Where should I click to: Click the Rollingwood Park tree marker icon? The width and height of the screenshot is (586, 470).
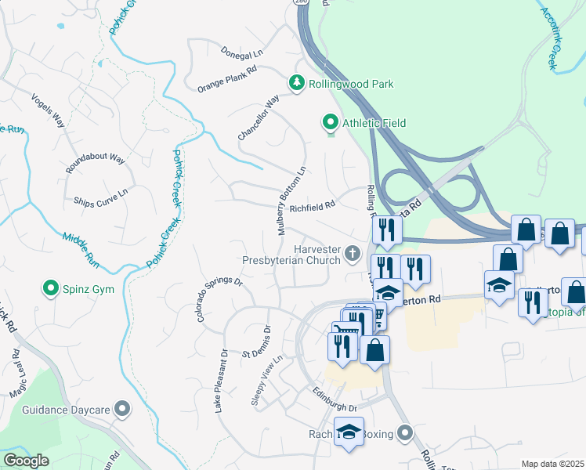(x=297, y=83)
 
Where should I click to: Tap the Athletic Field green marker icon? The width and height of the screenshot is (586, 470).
(x=330, y=122)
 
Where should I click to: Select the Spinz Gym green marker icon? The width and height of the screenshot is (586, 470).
(x=52, y=289)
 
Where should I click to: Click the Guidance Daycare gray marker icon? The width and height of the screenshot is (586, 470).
(x=121, y=409)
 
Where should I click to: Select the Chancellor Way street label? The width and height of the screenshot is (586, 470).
(x=259, y=118)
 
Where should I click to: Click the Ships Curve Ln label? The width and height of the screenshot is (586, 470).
(x=100, y=199)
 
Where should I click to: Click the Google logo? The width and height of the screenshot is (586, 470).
(x=26, y=461)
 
